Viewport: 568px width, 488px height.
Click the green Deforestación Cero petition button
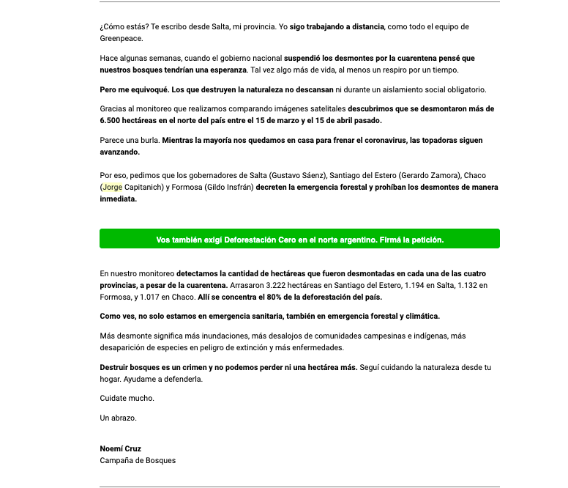pyautogui.click(x=299, y=240)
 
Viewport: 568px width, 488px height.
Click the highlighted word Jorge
pyautogui.click(x=113, y=187)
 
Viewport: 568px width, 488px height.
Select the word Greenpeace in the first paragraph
pyautogui.click(x=122, y=38)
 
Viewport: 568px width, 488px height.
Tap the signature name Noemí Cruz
pyautogui.click(x=120, y=448)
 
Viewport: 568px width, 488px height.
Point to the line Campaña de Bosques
pyautogui.click(x=138, y=460)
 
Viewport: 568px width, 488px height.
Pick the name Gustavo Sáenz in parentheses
pyautogui.click(x=298, y=176)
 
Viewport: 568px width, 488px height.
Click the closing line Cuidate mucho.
pyautogui.click(x=127, y=399)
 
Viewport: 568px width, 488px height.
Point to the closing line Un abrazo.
pyautogui.click(x=118, y=418)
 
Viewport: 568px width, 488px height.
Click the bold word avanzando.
pyautogui.click(x=119, y=152)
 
